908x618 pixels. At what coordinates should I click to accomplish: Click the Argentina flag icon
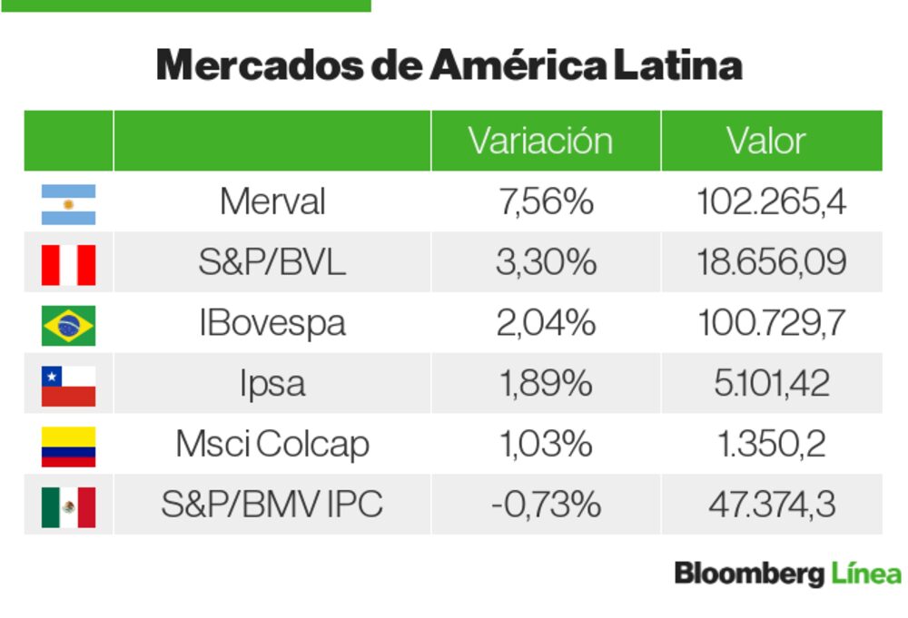pyautogui.click(x=68, y=204)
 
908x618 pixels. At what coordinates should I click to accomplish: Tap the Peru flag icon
pyautogui.click(x=68, y=264)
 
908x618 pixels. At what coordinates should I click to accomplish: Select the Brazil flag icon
pyautogui.click(x=68, y=325)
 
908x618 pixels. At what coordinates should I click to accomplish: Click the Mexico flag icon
pyautogui.click(x=68, y=506)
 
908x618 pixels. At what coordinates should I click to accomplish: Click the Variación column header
pyautogui.click(x=540, y=141)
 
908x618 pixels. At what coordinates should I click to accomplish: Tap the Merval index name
pyautogui.click(x=271, y=201)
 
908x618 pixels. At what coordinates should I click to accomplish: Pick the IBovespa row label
pyautogui.click(x=271, y=323)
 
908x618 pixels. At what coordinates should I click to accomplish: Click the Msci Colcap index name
pyautogui.click(x=271, y=445)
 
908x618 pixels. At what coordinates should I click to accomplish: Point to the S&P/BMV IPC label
pyautogui.click(x=271, y=505)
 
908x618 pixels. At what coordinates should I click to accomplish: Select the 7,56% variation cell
pyautogui.click(x=545, y=201)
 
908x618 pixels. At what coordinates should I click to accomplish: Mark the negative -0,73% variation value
pyautogui.click(x=545, y=505)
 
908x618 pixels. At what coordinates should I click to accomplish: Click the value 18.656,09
pyautogui.click(x=771, y=262)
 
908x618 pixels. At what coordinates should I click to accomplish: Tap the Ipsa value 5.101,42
pyautogui.click(x=771, y=384)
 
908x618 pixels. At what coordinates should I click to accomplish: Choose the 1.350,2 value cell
pyautogui.click(x=771, y=445)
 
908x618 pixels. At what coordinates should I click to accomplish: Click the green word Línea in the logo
pyautogui.click(x=865, y=574)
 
